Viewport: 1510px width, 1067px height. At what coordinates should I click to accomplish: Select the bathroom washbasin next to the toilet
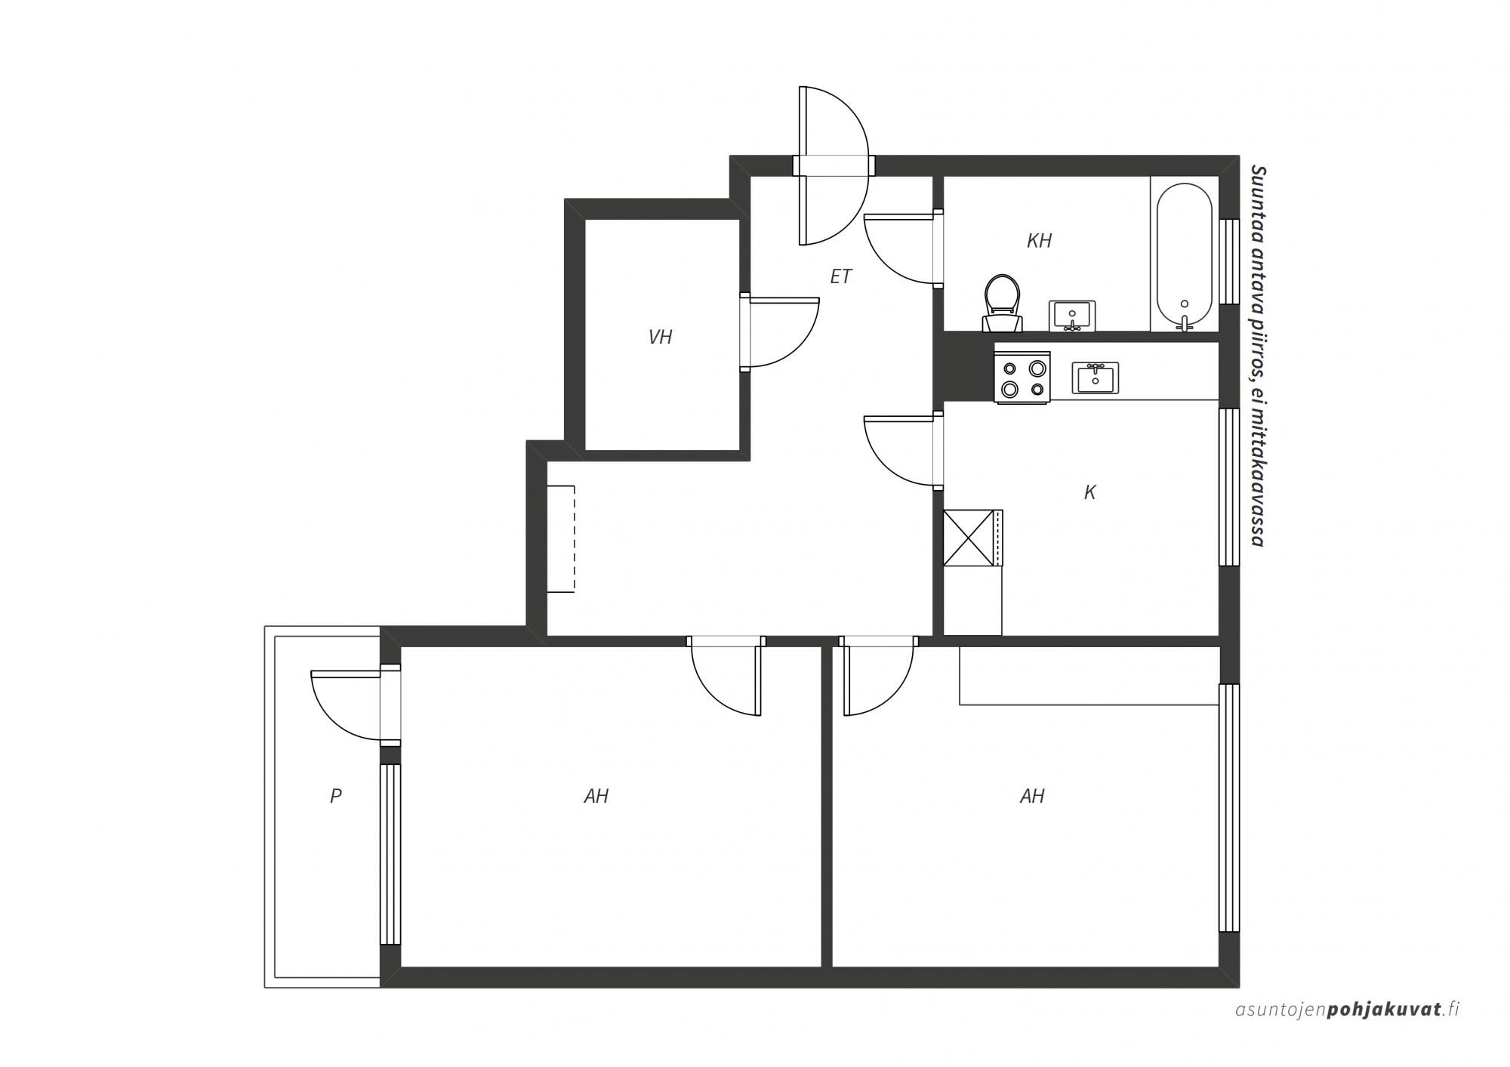click(x=1072, y=315)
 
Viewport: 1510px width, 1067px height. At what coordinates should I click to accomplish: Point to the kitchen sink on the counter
click(x=1096, y=377)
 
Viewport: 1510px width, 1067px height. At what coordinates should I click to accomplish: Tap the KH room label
click(x=1039, y=241)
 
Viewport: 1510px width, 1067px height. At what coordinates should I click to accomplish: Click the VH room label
click(x=660, y=338)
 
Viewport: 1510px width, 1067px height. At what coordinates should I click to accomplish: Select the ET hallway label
click(x=840, y=277)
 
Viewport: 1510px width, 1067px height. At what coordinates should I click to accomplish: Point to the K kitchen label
click(x=1089, y=492)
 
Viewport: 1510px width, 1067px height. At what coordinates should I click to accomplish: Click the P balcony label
click(x=336, y=795)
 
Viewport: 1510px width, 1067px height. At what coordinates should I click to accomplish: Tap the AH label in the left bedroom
click(x=596, y=796)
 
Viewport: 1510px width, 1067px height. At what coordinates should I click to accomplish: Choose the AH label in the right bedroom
click(x=1032, y=796)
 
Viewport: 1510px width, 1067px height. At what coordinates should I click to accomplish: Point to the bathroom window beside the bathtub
click(x=1230, y=261)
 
